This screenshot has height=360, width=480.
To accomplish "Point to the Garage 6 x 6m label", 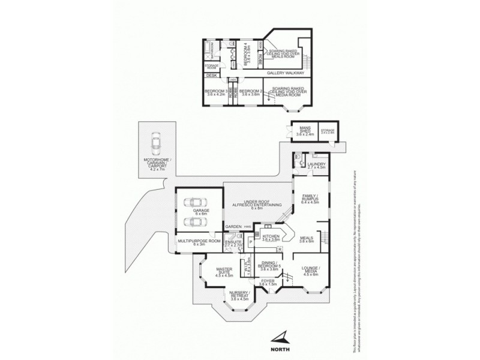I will (x=200, y=212).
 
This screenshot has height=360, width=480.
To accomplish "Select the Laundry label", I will (x=316, y=165).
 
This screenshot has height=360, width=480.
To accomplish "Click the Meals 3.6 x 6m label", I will (x=307, y=239).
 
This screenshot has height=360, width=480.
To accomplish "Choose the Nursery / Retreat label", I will (x=239, y=296).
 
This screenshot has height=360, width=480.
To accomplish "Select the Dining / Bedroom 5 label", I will (x=268, y=266).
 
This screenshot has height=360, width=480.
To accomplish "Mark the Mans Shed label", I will (x=301, y=133).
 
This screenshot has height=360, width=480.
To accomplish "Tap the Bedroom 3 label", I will (x=215, y=92).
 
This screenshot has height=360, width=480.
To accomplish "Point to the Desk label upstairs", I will (x=211, y=76).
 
